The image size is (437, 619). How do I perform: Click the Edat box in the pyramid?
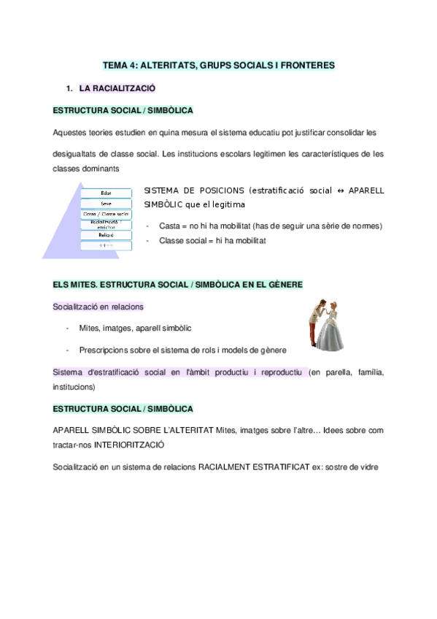click(106, 193)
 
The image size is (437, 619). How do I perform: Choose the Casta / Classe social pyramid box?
click(106, 214)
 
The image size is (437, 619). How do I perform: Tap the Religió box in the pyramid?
click(106, 235)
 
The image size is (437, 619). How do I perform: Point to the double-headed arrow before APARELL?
click(340, 191)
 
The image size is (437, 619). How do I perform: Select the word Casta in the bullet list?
click(169, 226)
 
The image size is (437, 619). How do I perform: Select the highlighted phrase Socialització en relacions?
click(98, 307)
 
